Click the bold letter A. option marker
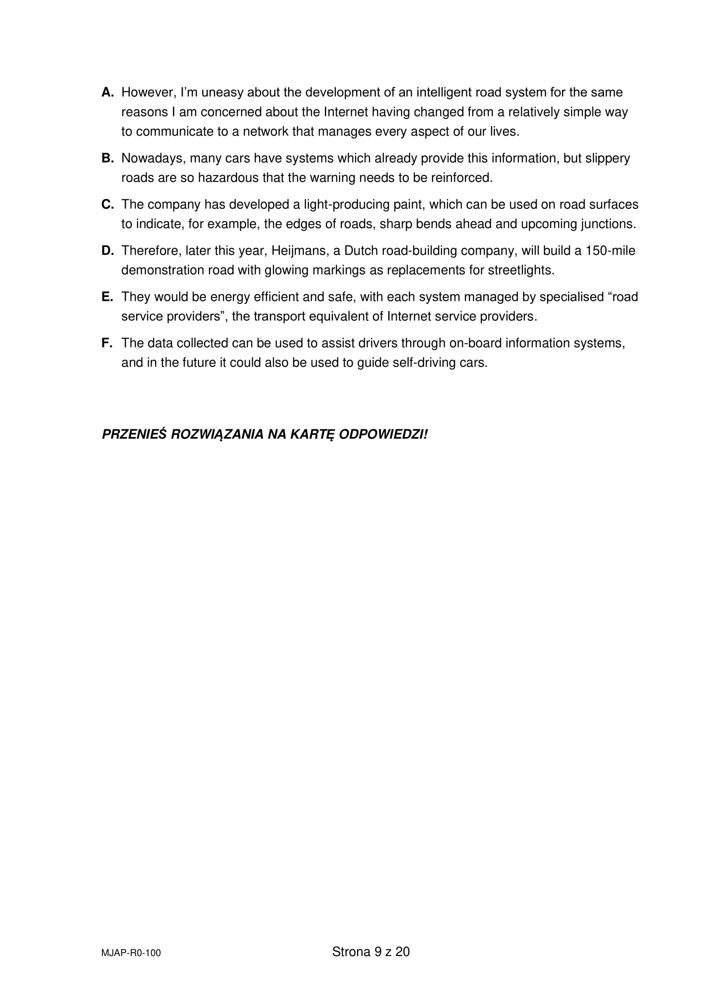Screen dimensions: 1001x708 [108, 92]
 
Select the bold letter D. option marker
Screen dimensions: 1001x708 [108, 251]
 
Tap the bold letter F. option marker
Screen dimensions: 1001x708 [107, 343]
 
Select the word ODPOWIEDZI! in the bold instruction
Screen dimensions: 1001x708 [383, 435]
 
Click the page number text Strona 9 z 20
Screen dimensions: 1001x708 [371, 952]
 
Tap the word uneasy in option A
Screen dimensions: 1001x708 [222, 92]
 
